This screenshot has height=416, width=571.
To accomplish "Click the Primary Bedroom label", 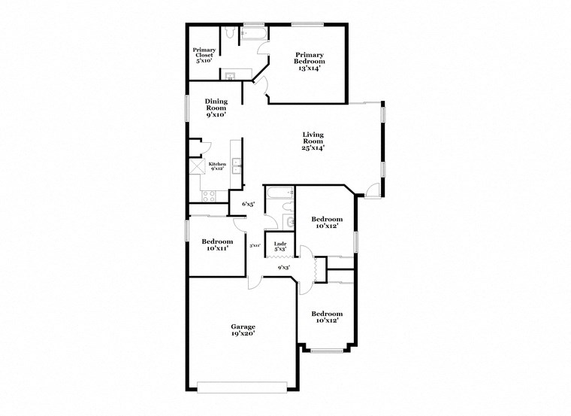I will click(x=309, y=61).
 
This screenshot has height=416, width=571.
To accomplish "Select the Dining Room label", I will click(x=216, y=108).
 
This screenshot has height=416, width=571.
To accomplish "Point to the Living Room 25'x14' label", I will click(x=313, y=141).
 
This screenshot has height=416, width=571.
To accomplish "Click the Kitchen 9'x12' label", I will click(x=217, y=166).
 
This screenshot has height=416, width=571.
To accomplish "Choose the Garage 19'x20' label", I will click(x=243, y=330).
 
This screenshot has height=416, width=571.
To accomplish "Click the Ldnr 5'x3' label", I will click(x=280, y=245).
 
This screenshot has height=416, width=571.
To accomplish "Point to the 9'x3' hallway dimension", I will click(x=284, y=267).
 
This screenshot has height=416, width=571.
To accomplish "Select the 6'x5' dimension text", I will click(x=248, y=204).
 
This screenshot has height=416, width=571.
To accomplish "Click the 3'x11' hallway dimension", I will click(x=255, y=245).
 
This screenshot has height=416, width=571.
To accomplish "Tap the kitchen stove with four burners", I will click(x=209, y=196).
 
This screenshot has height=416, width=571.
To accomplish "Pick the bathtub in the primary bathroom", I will click(x=252, y=34).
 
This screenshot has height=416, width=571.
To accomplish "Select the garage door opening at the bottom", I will click(x=243, y=387).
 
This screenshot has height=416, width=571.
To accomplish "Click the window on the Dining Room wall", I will click(x=187, y=107).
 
